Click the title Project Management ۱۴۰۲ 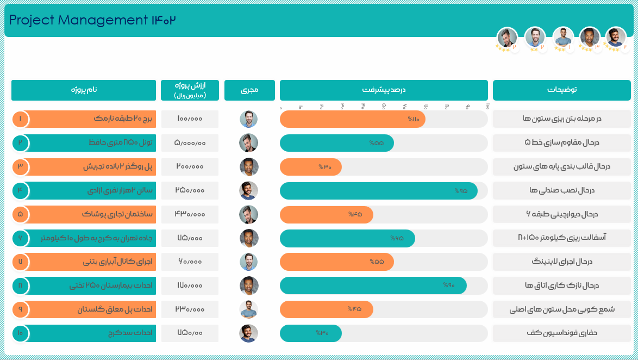click(x=93, y=20)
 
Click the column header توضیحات click(x=561, y=90)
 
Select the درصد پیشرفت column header click(x=384, y=90)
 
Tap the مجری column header click(x=249, y=90)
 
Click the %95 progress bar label click(x=461, y=190)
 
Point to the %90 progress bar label click(x=448, y=285)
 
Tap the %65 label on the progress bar click(x=397, y=238)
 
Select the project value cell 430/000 click(x=190, y=214)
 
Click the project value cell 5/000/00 click(x=190, y=143)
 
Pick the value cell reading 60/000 click(x=190, y=262)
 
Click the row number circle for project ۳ click(x=20, y=166)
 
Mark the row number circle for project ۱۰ click(x=20, y=333)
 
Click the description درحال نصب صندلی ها click(x=561, y=190)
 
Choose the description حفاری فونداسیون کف click(x=561, y=333)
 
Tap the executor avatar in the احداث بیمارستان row click(x=249, y=285)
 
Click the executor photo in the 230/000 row click(x=249, y=309)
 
